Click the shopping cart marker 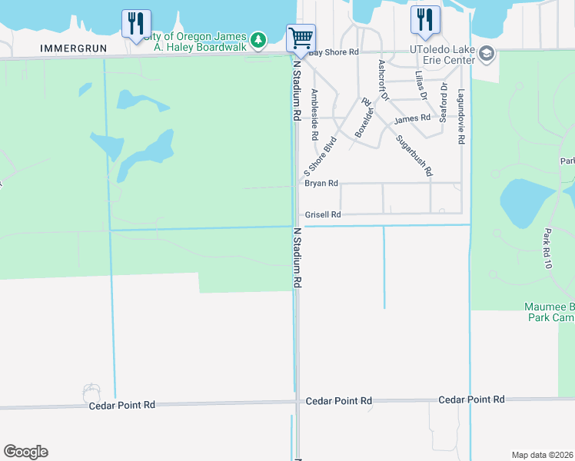point(301,37)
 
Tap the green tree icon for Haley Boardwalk point(260,38)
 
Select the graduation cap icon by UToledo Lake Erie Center point(487,54)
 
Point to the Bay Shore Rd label point(333,52)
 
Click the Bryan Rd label point(321,184)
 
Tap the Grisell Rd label point(323,215)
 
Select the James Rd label point(412,119)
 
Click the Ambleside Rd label point(314,114)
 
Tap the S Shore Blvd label point(321,156)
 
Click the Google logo point(25,452)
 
